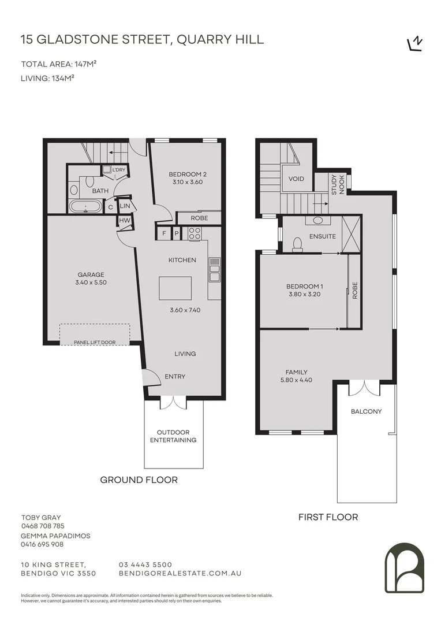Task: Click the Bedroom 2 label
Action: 188,174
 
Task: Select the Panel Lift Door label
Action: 95,342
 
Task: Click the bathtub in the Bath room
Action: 86,207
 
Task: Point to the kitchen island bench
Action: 175,288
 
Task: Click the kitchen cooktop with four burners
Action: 195,233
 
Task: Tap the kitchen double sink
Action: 214,269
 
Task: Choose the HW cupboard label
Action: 124,220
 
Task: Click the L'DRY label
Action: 119,170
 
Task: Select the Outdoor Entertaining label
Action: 173,436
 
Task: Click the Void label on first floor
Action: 296,179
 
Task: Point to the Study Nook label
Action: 338,184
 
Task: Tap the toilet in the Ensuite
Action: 298,245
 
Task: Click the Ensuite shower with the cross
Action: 351,233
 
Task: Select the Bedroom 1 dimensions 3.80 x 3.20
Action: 304,295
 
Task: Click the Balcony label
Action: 366,412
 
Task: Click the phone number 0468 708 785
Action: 43,526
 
